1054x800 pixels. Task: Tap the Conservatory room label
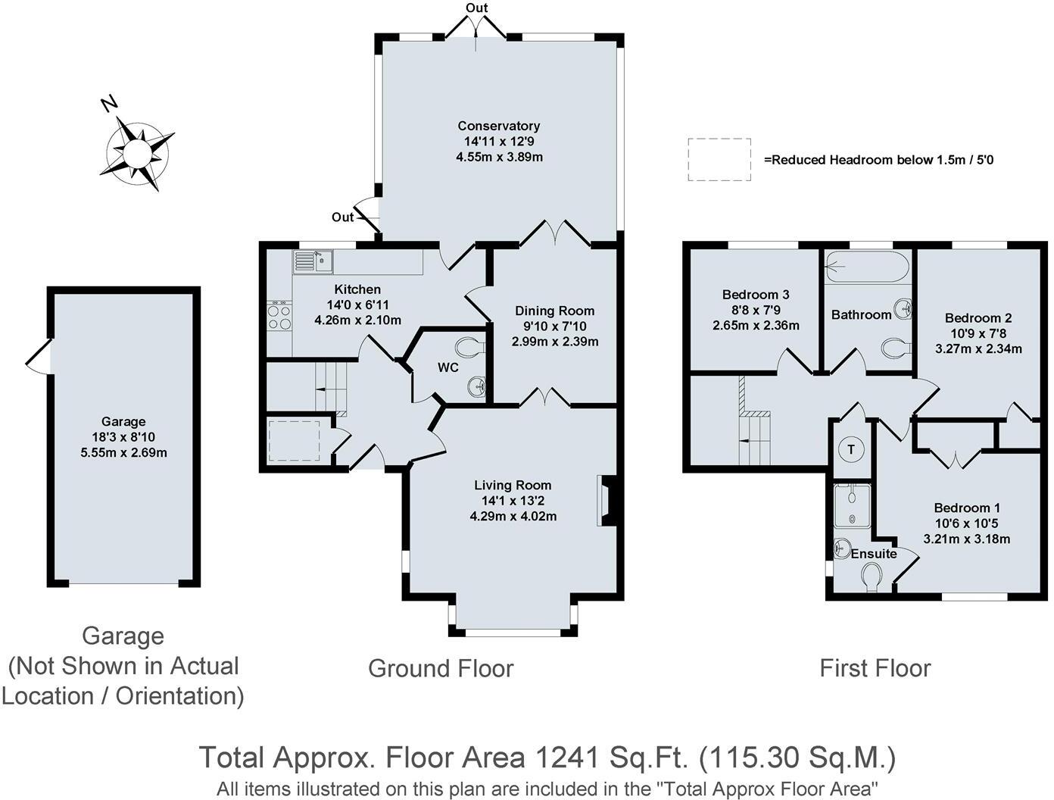coord(498,126)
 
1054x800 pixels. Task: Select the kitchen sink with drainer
coord(313,262)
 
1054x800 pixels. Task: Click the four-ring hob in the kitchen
coord(279,315)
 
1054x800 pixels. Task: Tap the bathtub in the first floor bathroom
coord(867,266)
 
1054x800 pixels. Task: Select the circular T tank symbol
coord(851,450)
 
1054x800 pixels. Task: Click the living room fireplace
coord(607,501)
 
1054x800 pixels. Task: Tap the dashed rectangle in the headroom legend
coord(719,160)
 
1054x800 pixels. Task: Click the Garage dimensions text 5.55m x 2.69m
coord(124,452)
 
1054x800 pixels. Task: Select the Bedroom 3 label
coord(756,294)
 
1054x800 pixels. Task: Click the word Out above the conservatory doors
coord(476,8)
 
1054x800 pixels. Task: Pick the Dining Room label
coord(554,311)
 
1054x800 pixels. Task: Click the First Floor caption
coord(875,668)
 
